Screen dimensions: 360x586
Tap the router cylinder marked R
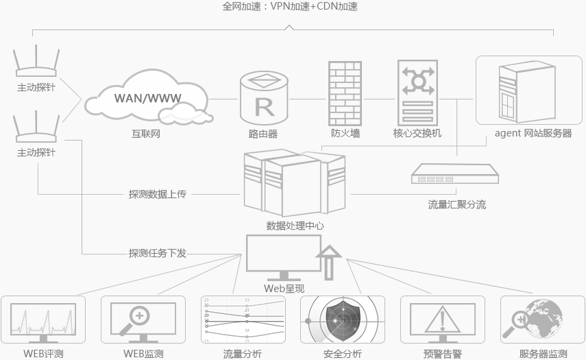264,98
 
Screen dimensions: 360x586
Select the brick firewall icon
345,93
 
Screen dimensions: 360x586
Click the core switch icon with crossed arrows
417,93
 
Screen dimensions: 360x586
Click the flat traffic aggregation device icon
455,176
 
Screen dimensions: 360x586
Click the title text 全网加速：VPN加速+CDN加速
290,7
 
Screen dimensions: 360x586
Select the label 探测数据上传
158,194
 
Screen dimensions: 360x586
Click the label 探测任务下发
158,253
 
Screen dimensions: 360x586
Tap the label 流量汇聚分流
456,204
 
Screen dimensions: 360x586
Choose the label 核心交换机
417,133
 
